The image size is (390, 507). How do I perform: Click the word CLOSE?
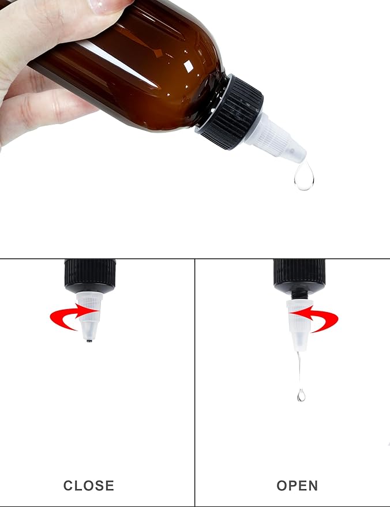(88, 486)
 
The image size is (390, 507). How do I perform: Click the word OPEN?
(297, 486)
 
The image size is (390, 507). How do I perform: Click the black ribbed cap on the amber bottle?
(229, 112)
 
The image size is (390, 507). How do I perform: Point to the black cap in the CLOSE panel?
(90, 274)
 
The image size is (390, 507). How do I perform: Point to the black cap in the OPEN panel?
(299, 274)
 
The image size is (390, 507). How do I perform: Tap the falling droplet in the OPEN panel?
(301, 395)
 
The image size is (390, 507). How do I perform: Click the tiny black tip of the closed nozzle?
(89, 340)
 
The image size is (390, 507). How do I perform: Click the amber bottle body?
(144, 75)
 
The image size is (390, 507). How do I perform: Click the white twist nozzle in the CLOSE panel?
(90, 314)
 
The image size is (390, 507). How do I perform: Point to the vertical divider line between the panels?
(195, 381)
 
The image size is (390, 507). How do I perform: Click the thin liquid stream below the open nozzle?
(299, 369)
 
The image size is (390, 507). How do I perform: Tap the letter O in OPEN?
(282, 486)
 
